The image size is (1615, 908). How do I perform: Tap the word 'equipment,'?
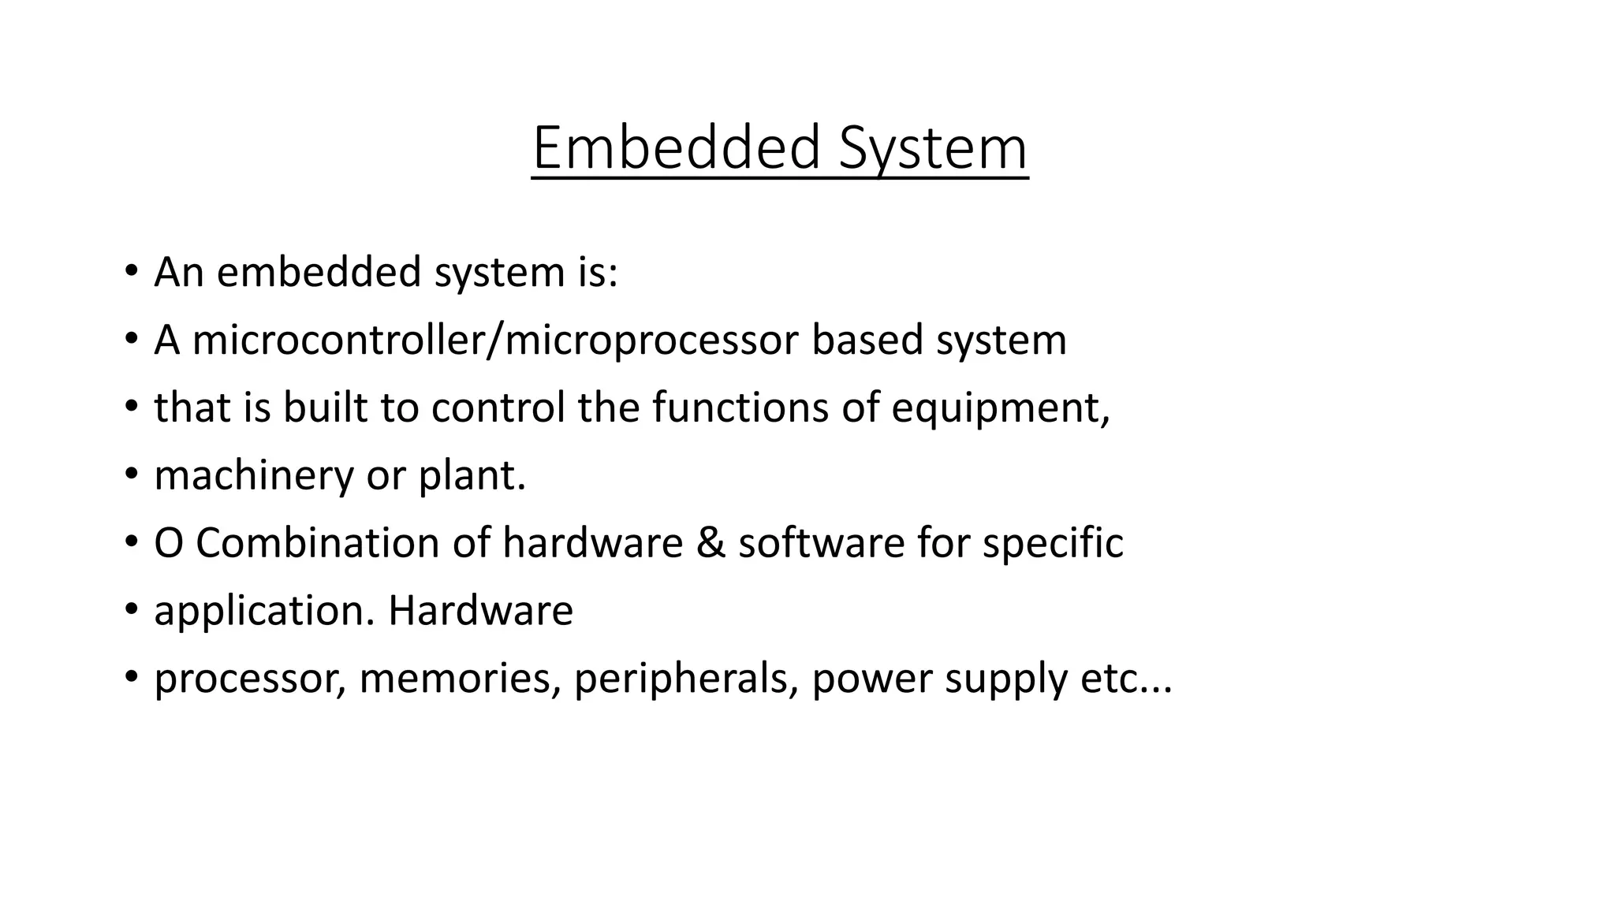(x=1001, y=409)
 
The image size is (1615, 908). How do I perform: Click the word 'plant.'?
(x=472, y=475)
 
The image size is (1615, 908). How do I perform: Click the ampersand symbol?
(x=711, y=543)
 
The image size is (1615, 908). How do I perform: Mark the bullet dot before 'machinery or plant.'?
(x=131, y=475)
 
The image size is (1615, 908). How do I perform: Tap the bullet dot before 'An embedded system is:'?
(x=131, y=272)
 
